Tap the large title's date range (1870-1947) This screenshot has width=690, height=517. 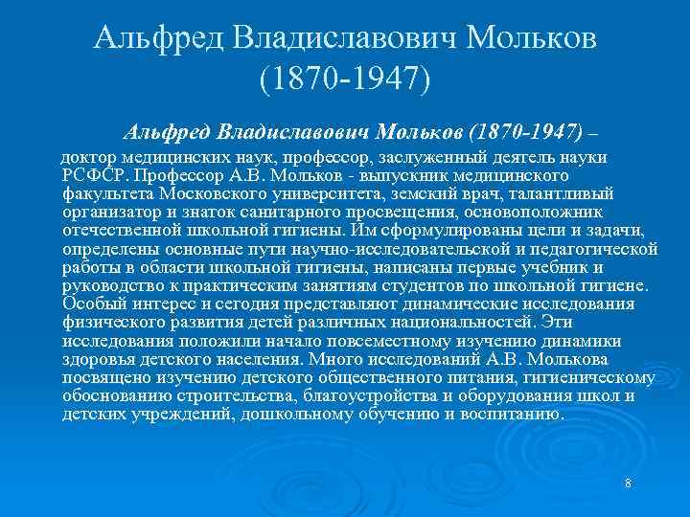click(345, 80)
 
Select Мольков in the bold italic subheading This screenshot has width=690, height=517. click(426, 128)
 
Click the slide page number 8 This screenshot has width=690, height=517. click(627, 483)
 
